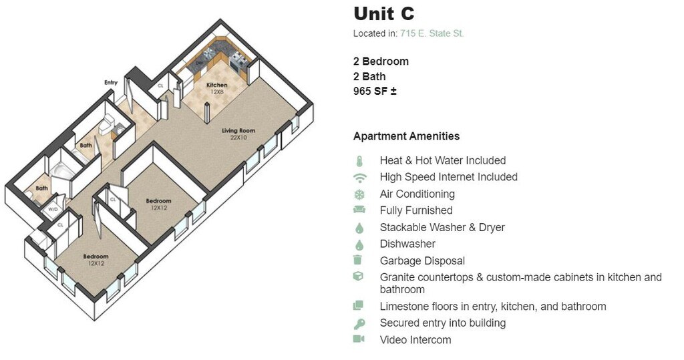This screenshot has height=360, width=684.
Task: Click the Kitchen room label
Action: (216, 85)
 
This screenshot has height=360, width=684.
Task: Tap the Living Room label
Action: (238, 131)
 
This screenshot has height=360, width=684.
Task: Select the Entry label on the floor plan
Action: (111, 82)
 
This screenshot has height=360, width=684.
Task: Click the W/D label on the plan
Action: (53, 208)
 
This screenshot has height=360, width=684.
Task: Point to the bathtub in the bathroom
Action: (62, 172)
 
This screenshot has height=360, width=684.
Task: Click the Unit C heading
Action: (384, 13)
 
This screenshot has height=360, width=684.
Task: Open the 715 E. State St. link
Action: (432, 33)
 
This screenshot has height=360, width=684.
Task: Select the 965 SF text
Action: (375, 92)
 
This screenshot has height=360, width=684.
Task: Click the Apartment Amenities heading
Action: (406, 136)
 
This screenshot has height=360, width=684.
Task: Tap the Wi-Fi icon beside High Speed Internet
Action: (359, 178)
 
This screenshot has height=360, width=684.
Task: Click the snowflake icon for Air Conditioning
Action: (359, 194)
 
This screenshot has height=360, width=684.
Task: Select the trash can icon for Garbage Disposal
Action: (359, 260)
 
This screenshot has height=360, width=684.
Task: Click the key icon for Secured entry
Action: (359, 323)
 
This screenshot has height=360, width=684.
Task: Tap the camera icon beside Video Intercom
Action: (359, 339)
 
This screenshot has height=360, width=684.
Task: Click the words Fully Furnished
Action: (415, 210)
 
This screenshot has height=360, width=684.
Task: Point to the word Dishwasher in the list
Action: (407, 244)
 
